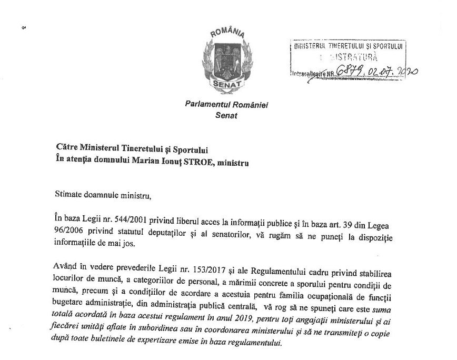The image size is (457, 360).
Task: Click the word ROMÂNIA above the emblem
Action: click(x=227, y=35)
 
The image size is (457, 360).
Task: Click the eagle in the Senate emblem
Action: click(x=227, y=59)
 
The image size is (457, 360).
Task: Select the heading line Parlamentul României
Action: click(x=227, y=105)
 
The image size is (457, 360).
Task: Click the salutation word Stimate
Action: click(x=68, y=196)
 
